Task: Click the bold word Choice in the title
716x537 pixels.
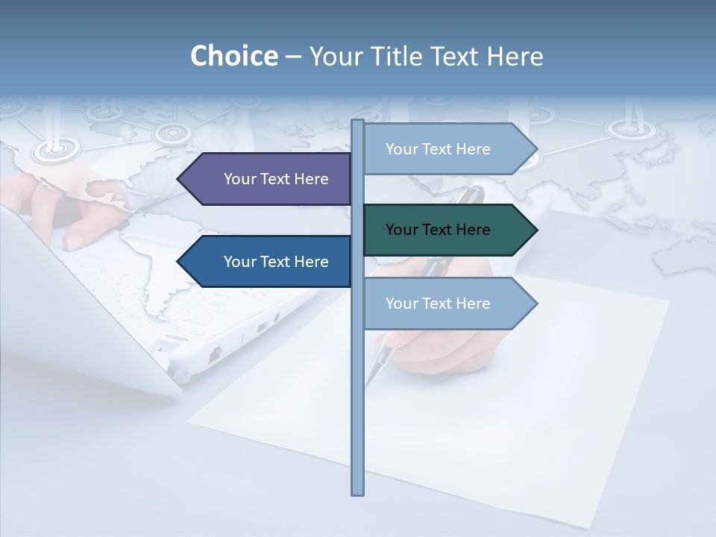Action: (233, 56)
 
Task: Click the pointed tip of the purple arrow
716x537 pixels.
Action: (179, 179)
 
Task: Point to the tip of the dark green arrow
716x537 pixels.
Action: (536, 230)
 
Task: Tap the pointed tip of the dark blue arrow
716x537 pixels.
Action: (179, 262)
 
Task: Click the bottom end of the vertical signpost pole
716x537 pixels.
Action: (357, 492)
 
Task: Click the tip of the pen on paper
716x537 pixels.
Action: (368, 383)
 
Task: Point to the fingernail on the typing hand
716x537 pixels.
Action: (75, 241)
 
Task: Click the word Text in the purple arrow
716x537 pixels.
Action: (276, 179)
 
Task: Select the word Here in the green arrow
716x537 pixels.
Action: (472, 230)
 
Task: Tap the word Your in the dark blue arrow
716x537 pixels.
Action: (239, 262)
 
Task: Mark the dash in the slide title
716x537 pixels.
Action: (293, 57)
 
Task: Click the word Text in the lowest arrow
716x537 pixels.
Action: (438, 304)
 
